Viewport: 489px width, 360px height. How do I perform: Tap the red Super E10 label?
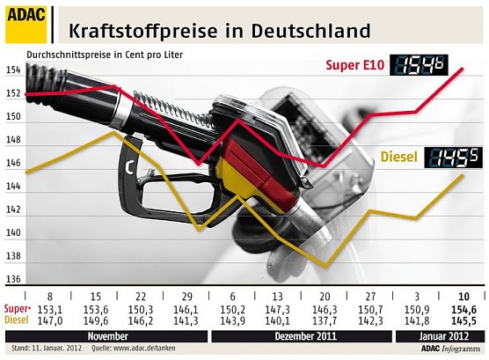[354, 65]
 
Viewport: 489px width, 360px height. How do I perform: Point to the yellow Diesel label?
[400, 158]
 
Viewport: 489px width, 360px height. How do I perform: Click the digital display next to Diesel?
[452, 158]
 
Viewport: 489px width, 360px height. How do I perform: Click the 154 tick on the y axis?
[12, 70]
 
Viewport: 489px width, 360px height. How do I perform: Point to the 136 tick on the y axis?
[12, 280]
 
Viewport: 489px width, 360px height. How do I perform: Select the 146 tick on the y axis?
[12, 163]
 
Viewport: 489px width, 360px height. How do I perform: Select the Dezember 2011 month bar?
[301, 336]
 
